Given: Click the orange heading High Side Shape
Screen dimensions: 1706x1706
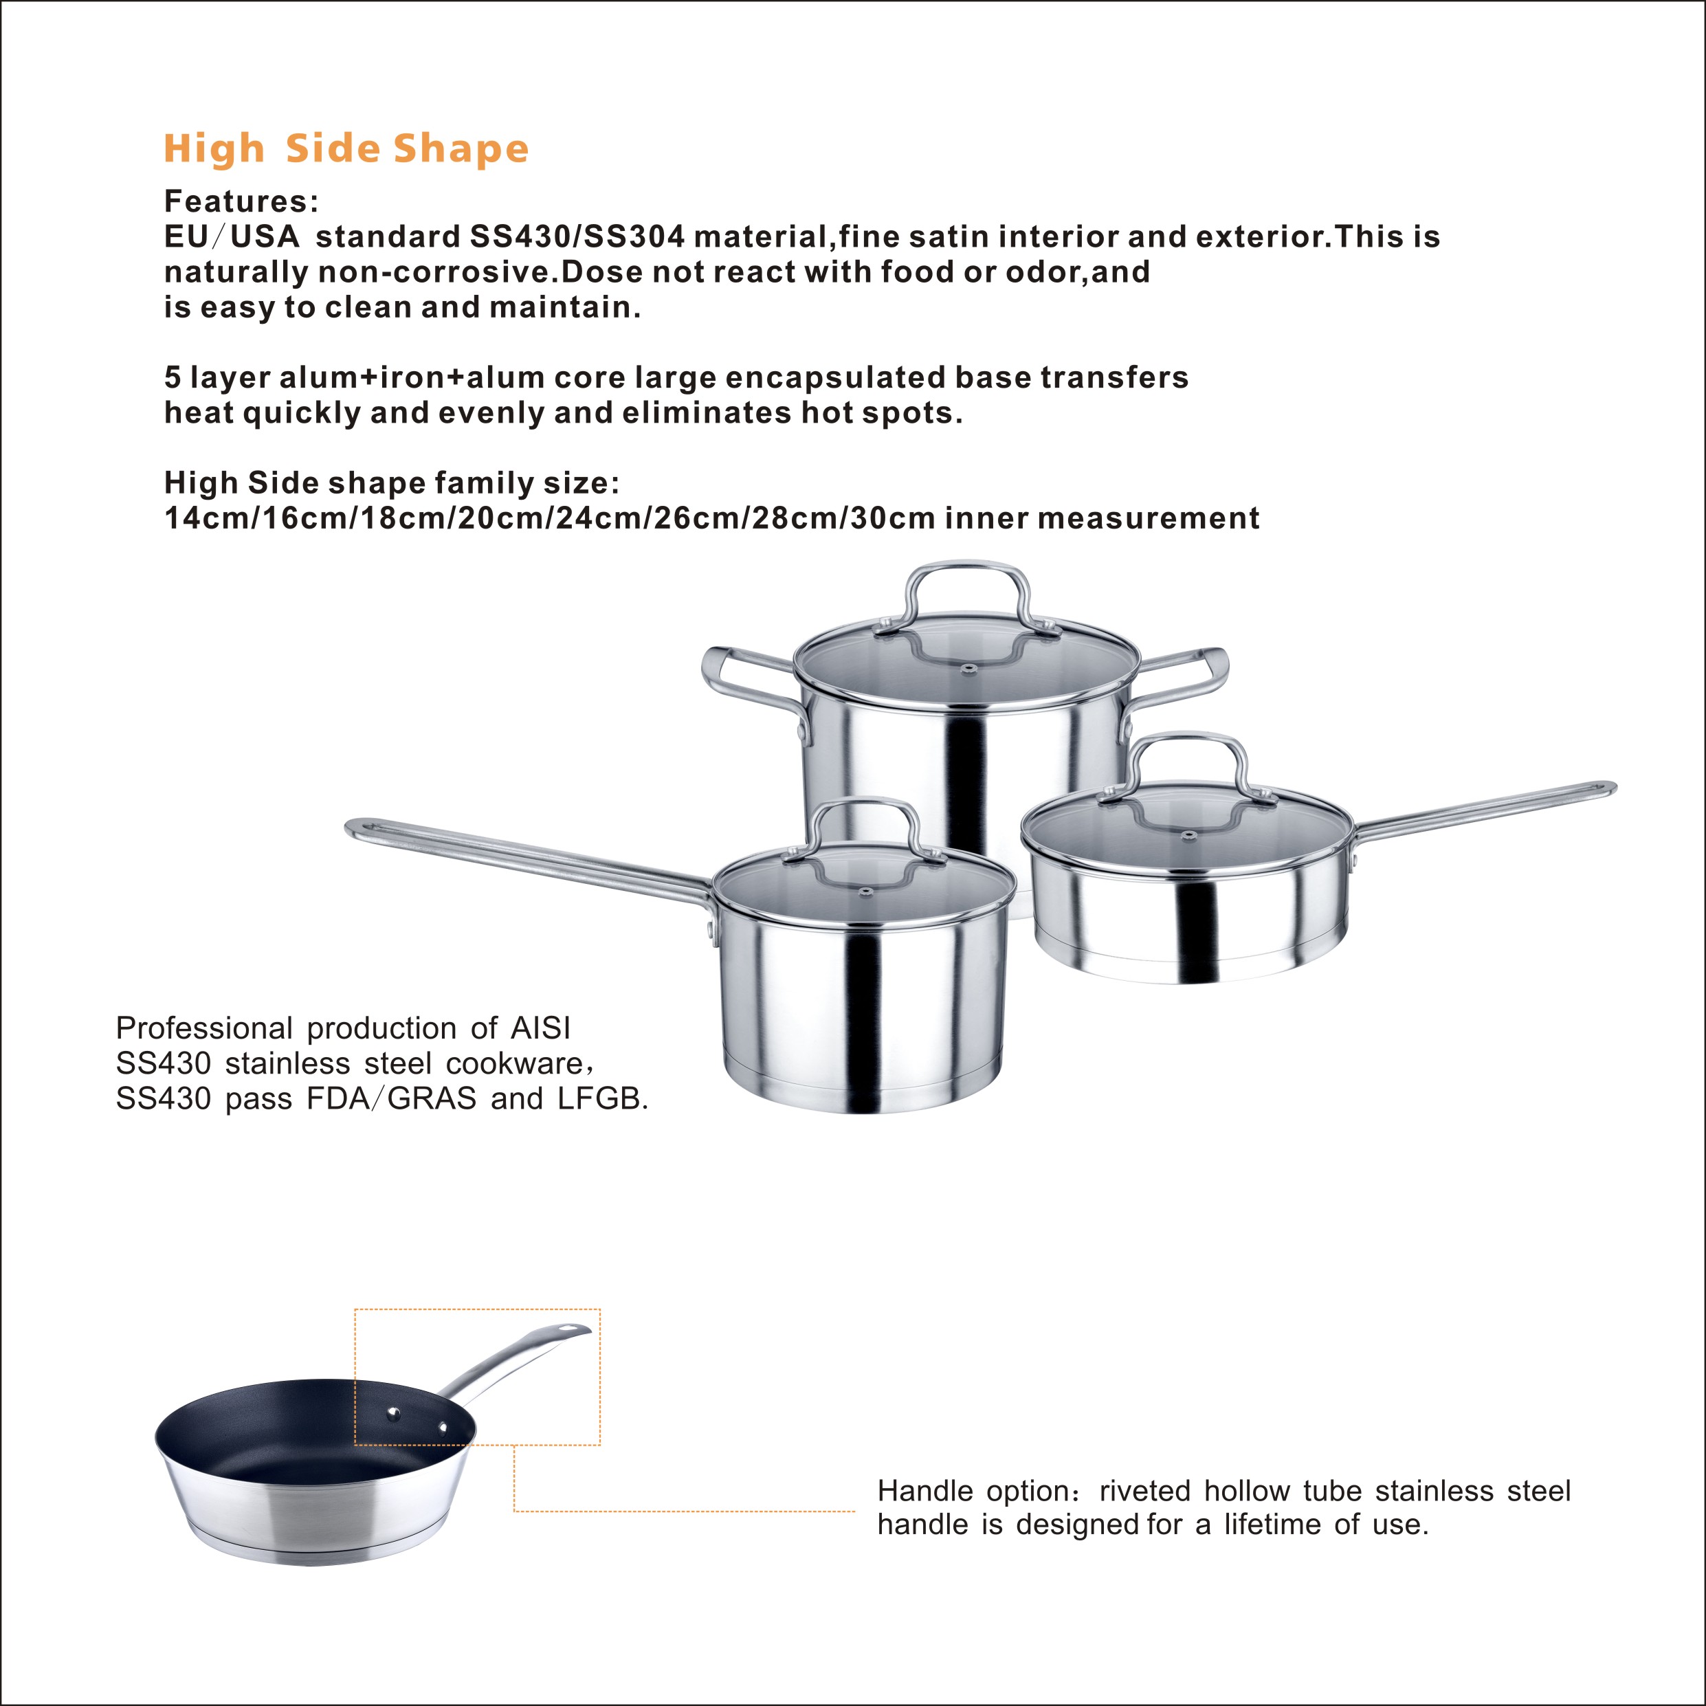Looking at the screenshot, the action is (x=346, y=148).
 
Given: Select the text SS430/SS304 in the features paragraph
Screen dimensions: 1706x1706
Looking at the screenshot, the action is (x=577, y=236).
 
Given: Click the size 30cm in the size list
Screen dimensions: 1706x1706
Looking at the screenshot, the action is (x=893, y=518).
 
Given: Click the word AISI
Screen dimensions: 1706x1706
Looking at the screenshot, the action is (x=540, y=1028).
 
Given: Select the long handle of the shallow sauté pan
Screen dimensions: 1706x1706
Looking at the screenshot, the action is (x=1483, y=809).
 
